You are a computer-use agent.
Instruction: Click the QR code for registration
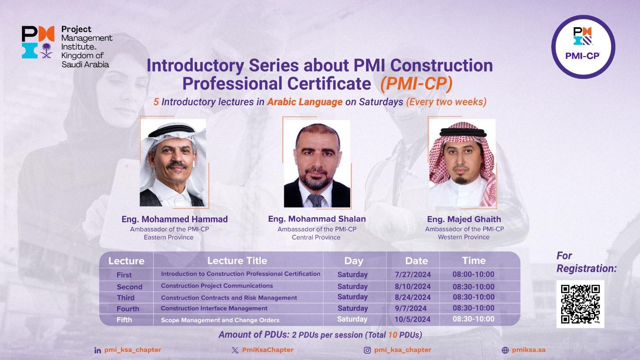click(580, 304)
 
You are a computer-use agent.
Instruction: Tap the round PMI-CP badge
click(583, 47)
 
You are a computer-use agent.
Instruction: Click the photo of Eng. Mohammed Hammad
click(173, 163)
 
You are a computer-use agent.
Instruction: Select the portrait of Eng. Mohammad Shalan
click(317, 164)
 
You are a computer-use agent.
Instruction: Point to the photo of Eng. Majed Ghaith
click(462, 163)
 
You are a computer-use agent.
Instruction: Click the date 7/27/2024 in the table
click(412, 275)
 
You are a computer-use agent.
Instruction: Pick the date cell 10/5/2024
click(412, 320)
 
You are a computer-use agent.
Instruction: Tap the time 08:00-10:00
click(473, 275)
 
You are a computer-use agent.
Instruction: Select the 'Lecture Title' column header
click(237, 261)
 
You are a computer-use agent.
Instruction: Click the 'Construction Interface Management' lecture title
click(214, 308)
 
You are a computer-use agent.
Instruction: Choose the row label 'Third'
click(126, 298)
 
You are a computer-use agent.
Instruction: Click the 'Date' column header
click(416, 261)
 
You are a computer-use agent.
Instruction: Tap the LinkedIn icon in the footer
click(98, 350)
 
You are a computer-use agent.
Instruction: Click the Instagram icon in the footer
click(367, 350)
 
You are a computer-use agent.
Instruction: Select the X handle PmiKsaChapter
click(268, 350)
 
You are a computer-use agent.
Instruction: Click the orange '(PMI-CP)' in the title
click(416, 84)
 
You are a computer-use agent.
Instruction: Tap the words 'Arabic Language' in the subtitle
click(304, 102)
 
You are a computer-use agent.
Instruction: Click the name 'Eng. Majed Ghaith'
click(464, 219)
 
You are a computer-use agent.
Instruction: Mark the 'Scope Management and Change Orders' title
click(220, 320)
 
